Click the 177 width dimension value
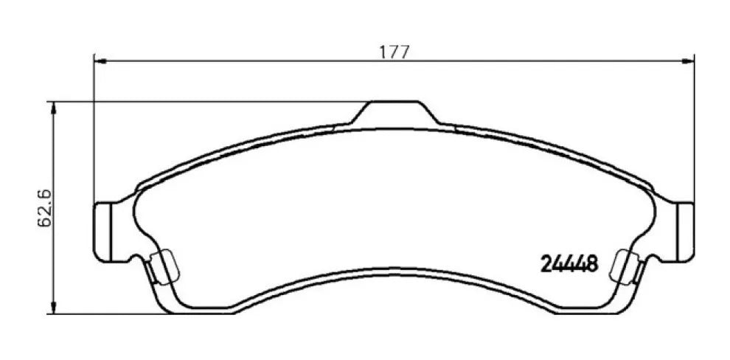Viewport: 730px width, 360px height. click(x=394, y=52)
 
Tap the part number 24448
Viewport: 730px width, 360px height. click(x=568, y=263)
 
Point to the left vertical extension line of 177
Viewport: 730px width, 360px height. click(x=94, y=133)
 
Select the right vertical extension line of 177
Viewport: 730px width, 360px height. click(x=695, y=133)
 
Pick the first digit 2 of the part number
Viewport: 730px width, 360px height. click(x=546, y=263)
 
